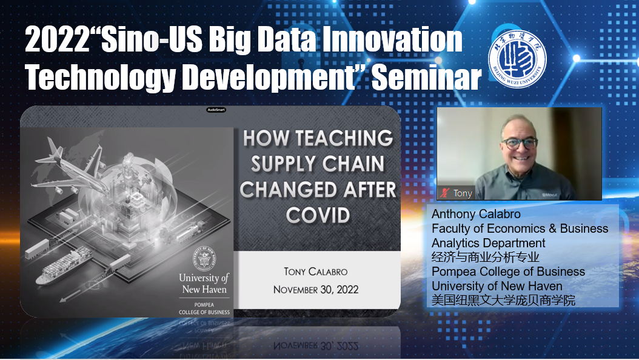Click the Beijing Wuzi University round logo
pyautogui.click(x=517, y=59)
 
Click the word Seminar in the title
pyautogui.click(x=427, y=78)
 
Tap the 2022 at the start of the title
pyautogui.click(x=57, y=39)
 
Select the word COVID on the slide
pyautogui.click(x=318, y=215)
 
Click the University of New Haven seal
pyautogui.click(x=204, y=259)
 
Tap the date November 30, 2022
pyautogui.click(x=316, y=290)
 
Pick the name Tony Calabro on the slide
pyautogui.click(x=316, y=272)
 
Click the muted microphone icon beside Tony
pyautogui.click(x=444, y=193)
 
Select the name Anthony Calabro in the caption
pyautogui.click(x=476, y=214)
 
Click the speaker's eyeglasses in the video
pyautogui.click(x=520, y=142)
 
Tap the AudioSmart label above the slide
pyautogui.click(x=216, y=110)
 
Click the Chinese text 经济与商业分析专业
pyautogui.click(x=486, y=257)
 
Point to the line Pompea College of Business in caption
pyautogui.click(x=508, y=272)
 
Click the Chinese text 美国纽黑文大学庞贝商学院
pyautogui.click(x=503, y=300)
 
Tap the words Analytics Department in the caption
pyautogui.click(x=488, y=243)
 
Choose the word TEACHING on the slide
pyautogui.click(x=344, y=138)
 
